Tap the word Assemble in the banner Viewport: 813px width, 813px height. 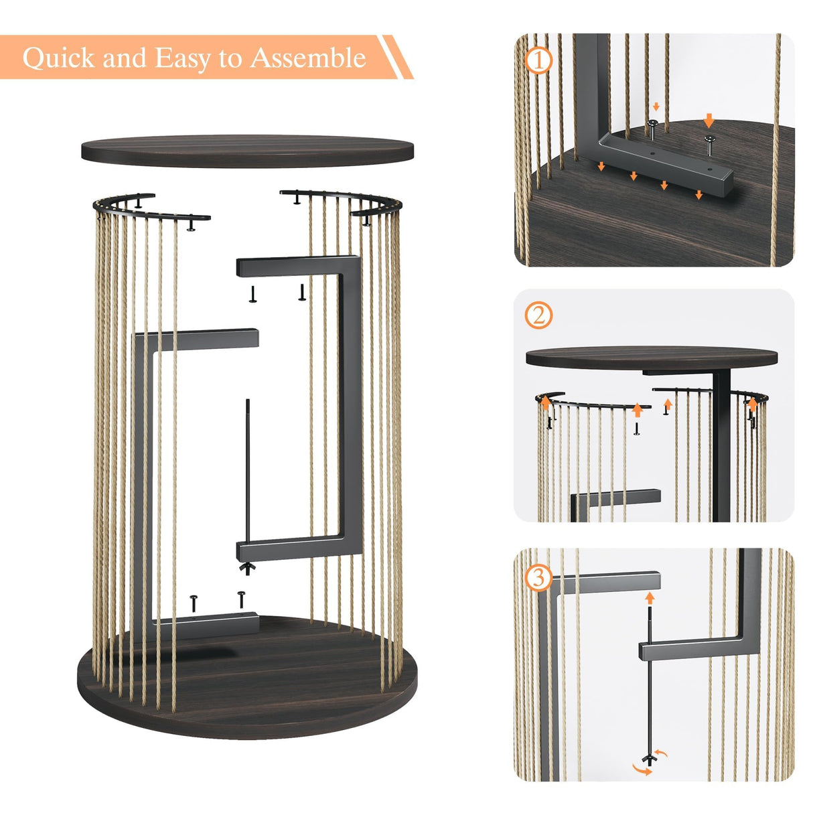point(308,58)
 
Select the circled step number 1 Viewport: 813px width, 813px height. point(539,61)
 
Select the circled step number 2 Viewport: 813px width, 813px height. point(539,315)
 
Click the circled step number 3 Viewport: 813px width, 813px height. point(539,577)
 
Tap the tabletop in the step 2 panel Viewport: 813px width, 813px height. point(651,356)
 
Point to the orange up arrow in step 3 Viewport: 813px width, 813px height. point(648,598)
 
